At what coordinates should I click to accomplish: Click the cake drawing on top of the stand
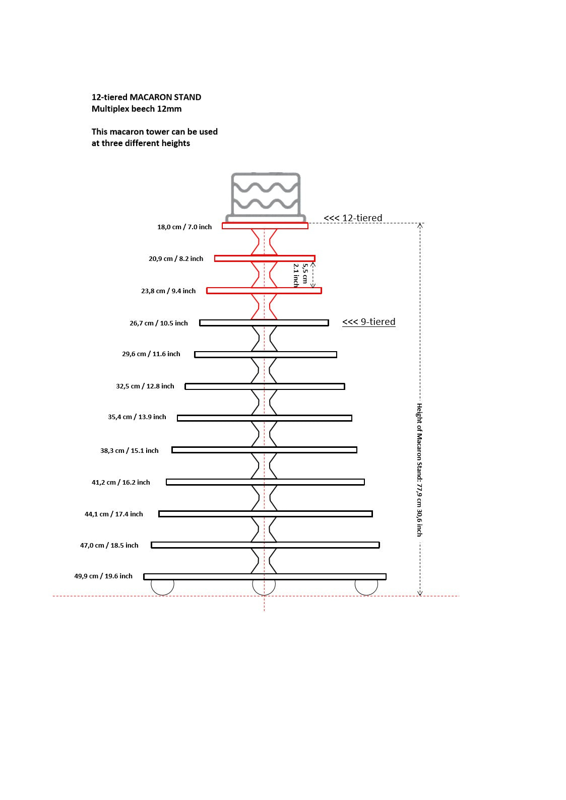point(266,197)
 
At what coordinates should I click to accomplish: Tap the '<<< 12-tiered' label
point(353,218)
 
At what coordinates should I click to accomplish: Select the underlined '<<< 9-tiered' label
point(369,322)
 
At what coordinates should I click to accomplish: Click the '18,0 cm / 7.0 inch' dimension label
point(184,227)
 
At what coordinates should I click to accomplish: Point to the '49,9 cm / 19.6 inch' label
point(103,576)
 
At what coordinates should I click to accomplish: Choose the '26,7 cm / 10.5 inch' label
point(159,323)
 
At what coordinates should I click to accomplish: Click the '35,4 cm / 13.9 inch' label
point(137,417)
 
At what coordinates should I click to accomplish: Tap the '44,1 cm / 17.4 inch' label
point(113,514)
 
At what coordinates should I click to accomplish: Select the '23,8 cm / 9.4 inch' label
point(168,291)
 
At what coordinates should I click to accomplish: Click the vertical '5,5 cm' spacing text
point(305,273)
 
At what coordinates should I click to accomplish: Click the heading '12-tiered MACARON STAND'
point(146,97)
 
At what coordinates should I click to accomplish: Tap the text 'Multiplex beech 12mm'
point(137,109)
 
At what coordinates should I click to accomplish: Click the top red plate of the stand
point(265,226)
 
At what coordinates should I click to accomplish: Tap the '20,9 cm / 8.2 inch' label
point(176,258)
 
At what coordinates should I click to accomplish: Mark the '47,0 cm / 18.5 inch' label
point(109,546)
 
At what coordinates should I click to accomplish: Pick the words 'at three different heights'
point(141,143)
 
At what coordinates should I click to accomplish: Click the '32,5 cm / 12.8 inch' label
point(145,386)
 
